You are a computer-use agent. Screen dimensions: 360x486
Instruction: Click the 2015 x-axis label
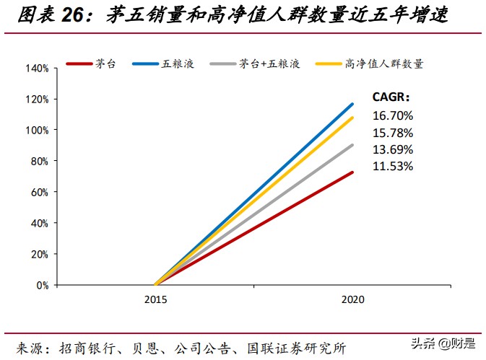click(155, 299)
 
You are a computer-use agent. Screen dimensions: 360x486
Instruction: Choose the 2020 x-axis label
click(353, 299)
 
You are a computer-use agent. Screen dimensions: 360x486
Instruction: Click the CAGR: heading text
click(391, 97)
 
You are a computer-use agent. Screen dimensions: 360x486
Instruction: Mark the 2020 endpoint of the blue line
click(353, 104)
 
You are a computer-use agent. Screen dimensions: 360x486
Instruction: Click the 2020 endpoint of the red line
click(353, 172)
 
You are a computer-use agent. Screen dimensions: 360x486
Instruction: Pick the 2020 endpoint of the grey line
click(353, 145)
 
